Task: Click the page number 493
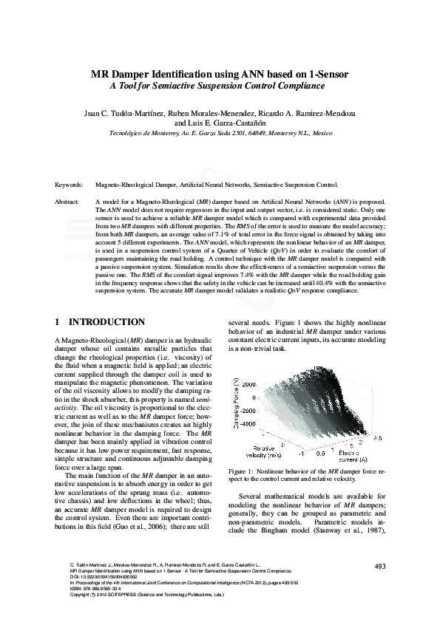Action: tap(381, 566)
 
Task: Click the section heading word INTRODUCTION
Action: tap(106, 323)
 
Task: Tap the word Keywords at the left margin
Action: tap(69, 185)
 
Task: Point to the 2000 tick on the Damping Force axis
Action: tap(248, 384)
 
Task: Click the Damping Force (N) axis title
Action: tap(234, 405)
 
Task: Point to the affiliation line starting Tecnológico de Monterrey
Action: tap(220, 135)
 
